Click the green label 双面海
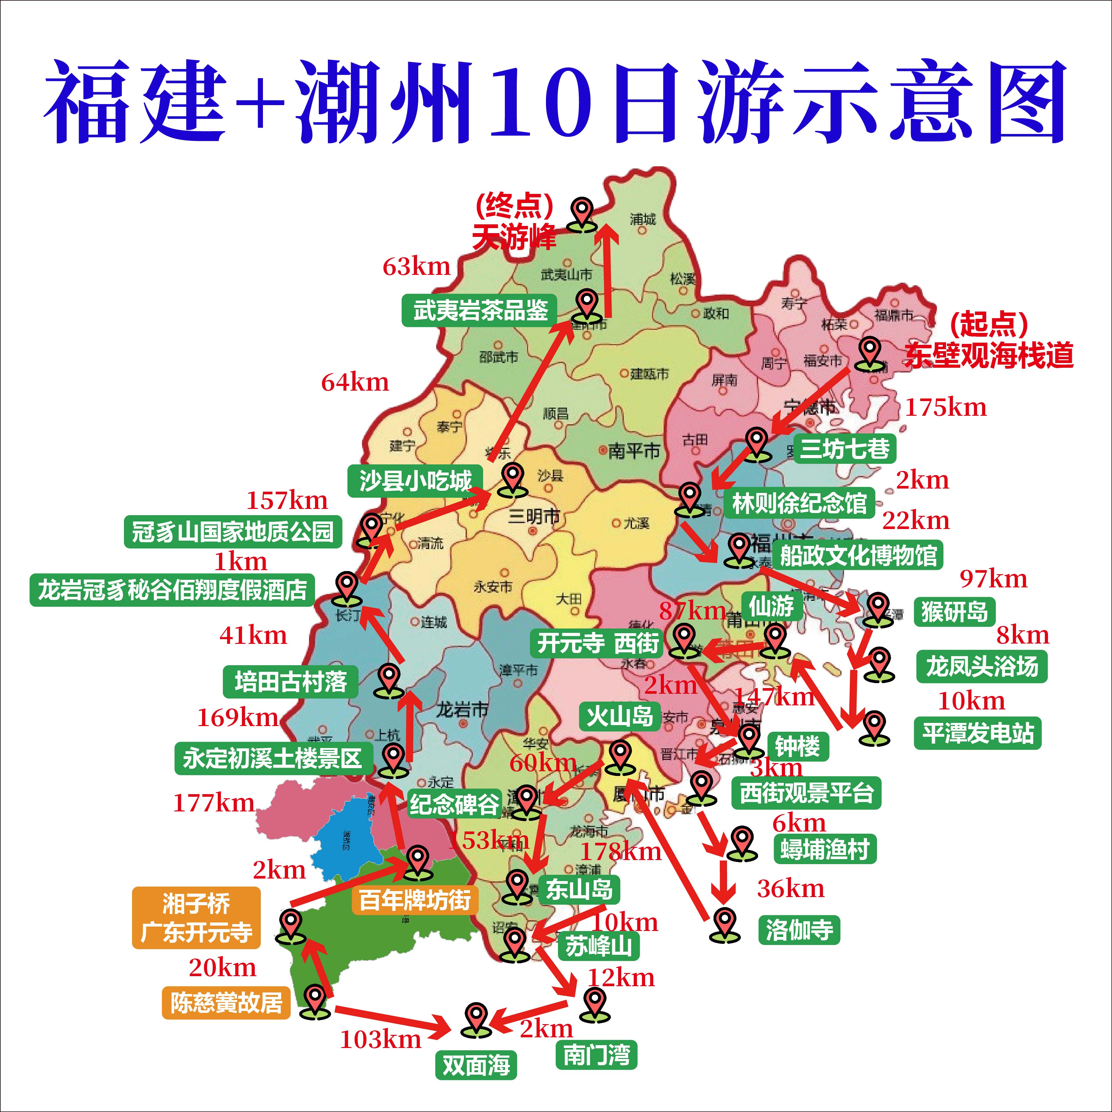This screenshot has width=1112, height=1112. pyautogui.click(x=476, y=1065)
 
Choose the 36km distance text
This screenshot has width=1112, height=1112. pyautogui.click(x=790, y=889)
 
